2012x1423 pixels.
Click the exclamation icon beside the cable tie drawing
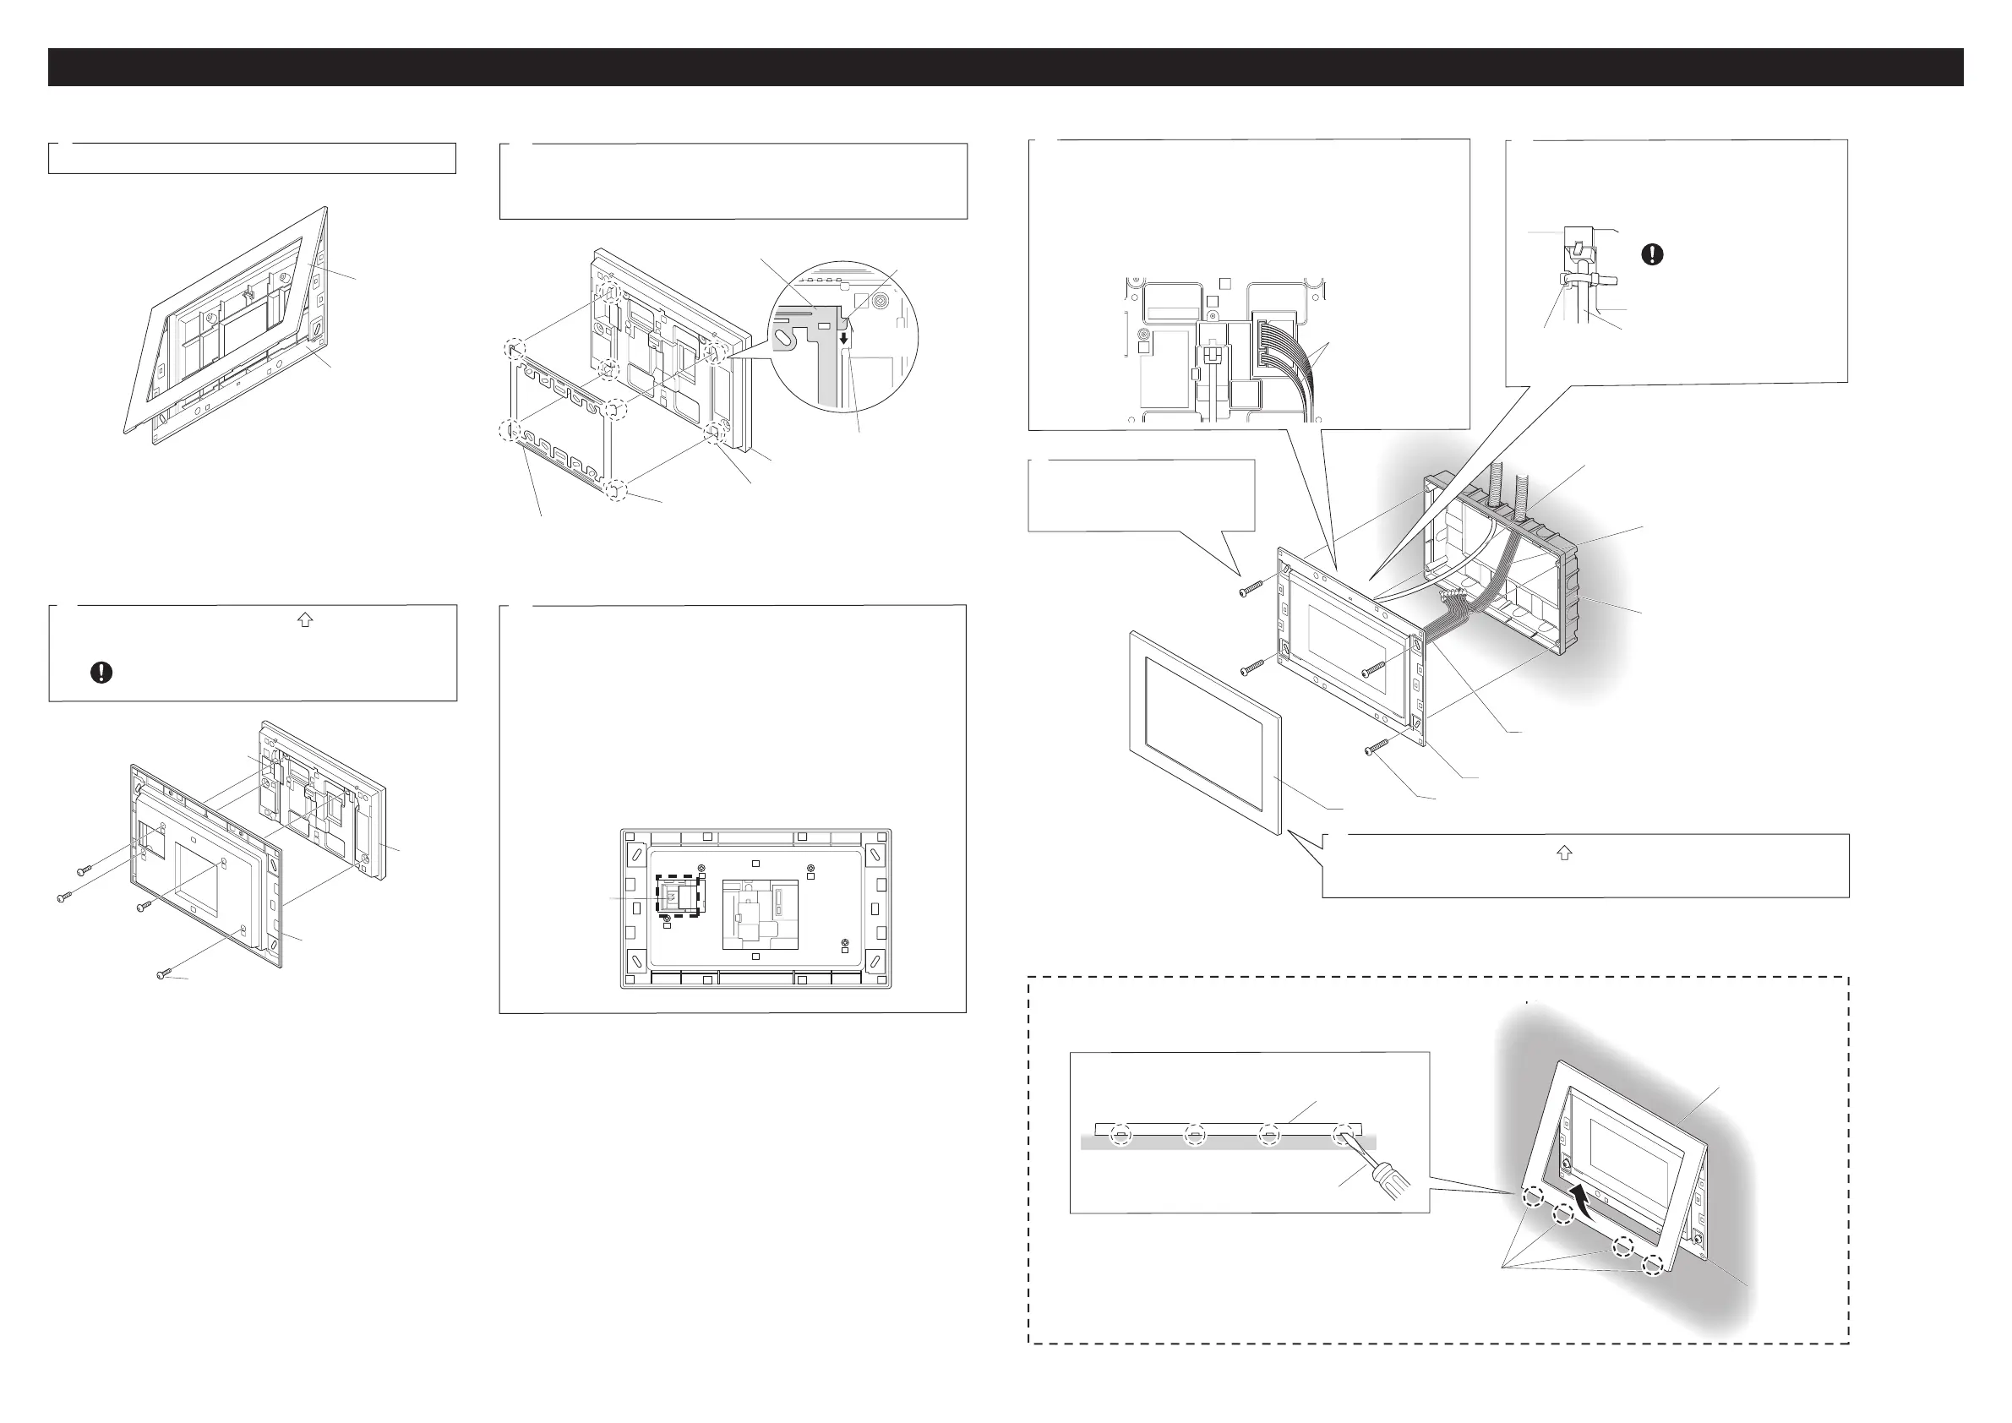click(x=1652, y=254)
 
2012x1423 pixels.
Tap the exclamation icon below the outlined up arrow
click(x=101, y=672)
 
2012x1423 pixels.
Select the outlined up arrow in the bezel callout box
click(x=1564, y=853)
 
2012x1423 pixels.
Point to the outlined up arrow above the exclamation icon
click(x=305, y=619)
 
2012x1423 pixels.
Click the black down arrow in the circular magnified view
click(x=844, y=338)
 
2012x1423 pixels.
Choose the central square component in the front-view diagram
click(x=760, y=915)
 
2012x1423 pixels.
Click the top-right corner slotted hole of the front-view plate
click(x=875, y=857)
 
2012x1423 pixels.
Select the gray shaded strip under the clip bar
click(x=1227, y=1142)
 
